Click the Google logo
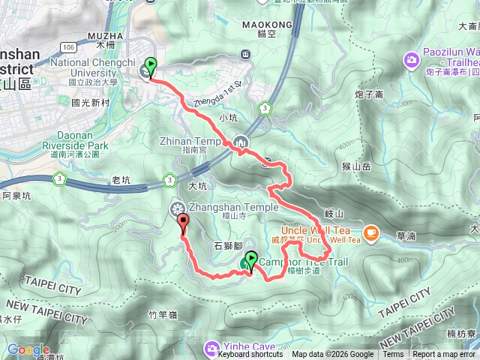coord(28,349)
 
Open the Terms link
coord(393,355)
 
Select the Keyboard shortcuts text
coord(250,355)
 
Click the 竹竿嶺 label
coord(162,315)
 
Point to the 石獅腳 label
coord(228,244)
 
